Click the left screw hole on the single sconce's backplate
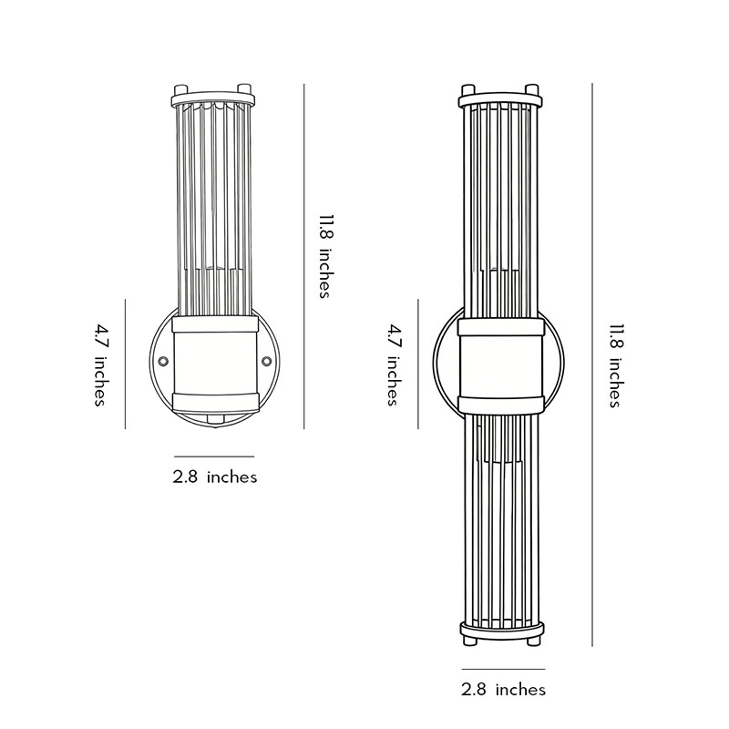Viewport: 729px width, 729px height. coord(163,362)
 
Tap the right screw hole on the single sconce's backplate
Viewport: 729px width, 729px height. coord(266,362)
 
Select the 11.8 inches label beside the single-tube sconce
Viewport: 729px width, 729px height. coord(323,256)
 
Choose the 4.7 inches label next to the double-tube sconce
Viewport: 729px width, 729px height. coord(393,364)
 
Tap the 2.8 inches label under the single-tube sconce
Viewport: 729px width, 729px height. coord(215,477)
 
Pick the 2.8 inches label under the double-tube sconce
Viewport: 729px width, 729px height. coord(503,689)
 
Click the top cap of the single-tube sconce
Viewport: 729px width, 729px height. coord(213,98)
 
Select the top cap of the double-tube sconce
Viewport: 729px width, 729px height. coord(500,98)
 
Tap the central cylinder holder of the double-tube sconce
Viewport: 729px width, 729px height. coord(500,364)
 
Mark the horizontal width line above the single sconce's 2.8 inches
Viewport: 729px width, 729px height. coord(214,456)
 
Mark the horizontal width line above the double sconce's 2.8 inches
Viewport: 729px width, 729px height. coord(503,669)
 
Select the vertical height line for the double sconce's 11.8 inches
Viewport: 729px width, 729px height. coord(592,365)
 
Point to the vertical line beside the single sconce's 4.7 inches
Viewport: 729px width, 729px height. coord(125,364)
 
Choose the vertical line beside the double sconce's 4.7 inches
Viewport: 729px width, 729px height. coord(417,364)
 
